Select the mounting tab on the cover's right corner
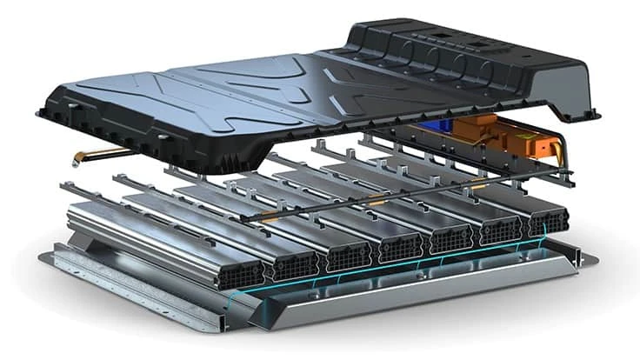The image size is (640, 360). (x=592, y=112)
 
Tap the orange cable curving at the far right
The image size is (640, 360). (x=563, y=153)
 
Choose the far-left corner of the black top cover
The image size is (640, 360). (x=42, y=112)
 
